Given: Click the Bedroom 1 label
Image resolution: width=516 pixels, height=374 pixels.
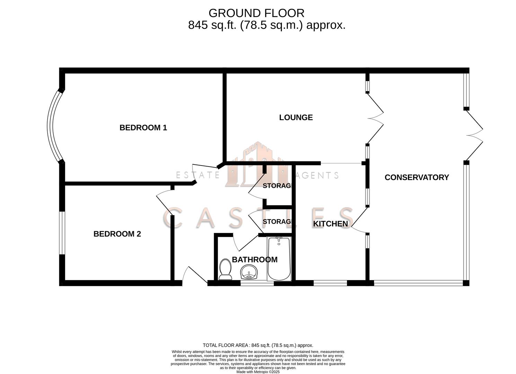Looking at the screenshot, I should pos(143,127).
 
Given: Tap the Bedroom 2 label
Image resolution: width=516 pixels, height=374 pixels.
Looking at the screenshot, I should pos(117,234).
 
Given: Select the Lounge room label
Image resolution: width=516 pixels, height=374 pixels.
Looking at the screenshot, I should pos(296,117).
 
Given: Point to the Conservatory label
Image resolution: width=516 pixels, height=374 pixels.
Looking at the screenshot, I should pos(417,177).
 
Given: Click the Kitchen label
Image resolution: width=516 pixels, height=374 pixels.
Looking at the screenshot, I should pos(330,224).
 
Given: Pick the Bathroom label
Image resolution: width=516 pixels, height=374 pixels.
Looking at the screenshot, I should pos(255,259).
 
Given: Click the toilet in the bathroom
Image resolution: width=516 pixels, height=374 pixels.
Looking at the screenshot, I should pos(225,269).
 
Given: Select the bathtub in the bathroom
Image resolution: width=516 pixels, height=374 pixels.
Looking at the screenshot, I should pos(279,258).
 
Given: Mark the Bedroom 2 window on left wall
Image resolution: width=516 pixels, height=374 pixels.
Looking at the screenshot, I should pos(62,233).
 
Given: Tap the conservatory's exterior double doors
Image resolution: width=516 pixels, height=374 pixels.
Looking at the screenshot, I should pos(474,135).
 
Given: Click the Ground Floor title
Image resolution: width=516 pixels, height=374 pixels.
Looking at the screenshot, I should pos(256,13).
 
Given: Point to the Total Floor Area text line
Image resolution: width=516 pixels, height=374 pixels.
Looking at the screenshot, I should pos(258,345).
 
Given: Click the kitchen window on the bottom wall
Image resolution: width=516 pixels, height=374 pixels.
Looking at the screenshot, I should pos(330,283).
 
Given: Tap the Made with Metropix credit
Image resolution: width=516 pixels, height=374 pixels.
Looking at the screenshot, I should pos(258,372).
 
